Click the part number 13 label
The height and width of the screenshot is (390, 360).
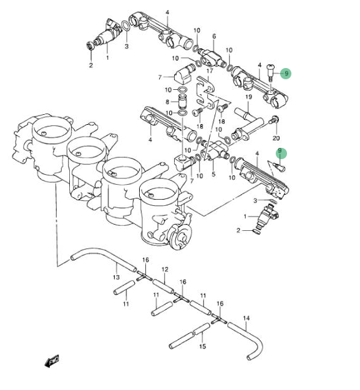(116, 277)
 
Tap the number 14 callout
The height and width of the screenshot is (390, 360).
(246, 318)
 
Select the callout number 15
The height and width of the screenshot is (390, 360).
(203, 346)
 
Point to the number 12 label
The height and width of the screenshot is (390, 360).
(165, 270)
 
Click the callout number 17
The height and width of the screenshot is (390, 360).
(210, 71)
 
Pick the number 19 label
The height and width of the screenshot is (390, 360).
(248, 97)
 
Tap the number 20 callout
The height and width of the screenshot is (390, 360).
(276, 138)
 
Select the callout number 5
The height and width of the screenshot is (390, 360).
(213, 174)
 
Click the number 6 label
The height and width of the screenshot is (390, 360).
(214, 36)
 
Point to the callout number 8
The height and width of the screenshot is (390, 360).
(167, 102)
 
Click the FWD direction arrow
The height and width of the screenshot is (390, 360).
(52, 361)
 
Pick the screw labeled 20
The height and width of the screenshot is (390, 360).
(273, 120)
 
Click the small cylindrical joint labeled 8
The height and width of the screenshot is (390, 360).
(182, 101)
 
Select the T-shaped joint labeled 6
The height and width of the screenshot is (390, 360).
(212, 57)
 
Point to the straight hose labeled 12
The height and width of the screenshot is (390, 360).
(163, 286)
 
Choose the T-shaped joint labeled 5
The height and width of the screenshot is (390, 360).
(214, 152)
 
